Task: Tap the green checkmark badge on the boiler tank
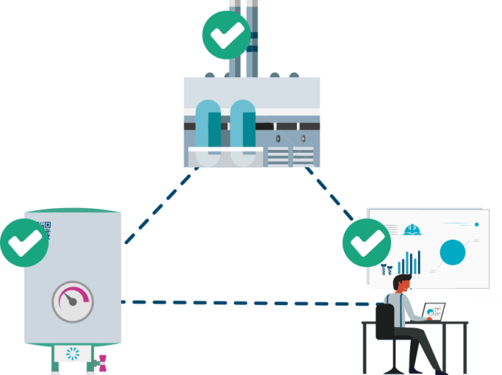pyautogui.click(x=24, y=241)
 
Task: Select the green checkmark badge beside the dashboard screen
pyautogui.click(x=366, y=243)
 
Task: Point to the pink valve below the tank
pyautogui.click(x=103, y=362)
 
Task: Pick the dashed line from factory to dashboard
pyautogui.click(x=331, y=192)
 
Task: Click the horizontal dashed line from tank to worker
pyautogui.click(x=247, y=303)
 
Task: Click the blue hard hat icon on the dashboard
pyautogui.click(x=412, y=229)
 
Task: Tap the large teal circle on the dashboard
pyautogui.click(x=453, y=252)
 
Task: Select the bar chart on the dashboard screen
pyautogui.click(x=410, y=263)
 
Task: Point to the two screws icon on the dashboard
pyautogui.click(x=387, y=269)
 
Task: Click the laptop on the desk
pyautogui.click(x=433, y=311)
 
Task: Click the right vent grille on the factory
pyautogui.click(x=302, y=156)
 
